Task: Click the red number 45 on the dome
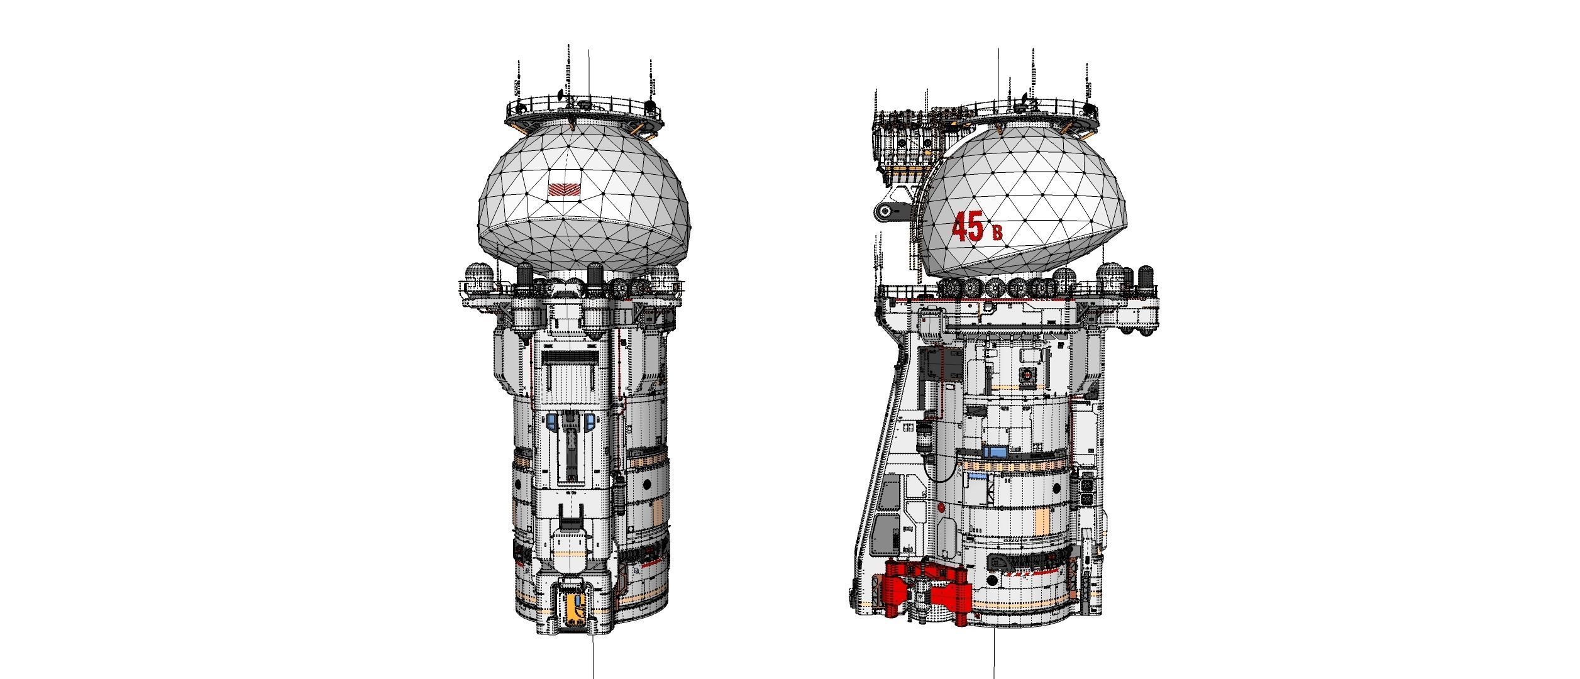coord(968,227)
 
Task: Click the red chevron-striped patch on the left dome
coord(560,189)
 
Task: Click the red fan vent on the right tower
coord(1027,375)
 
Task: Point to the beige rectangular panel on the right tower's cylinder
coord(1042,521)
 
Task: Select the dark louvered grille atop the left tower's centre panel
coord(568,358)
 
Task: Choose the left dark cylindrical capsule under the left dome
coord(526,275)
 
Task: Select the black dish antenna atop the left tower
coord(561,96)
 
